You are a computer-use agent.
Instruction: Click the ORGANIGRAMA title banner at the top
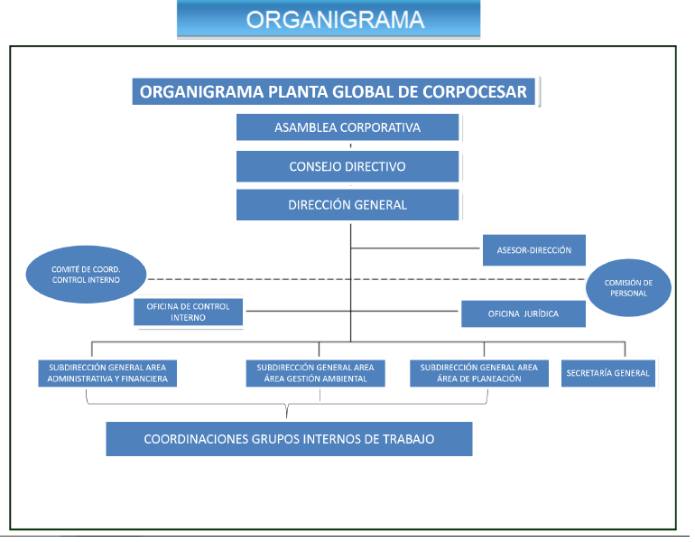[329, 20]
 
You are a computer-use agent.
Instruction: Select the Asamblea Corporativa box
[347, 127]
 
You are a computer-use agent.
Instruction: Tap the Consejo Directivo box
[347, 166]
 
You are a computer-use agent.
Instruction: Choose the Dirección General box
[347, 205]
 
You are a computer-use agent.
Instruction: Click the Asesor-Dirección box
[533, 249]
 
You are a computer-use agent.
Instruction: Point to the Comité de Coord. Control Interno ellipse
[86, 275]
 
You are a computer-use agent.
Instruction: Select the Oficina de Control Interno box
[189, 313]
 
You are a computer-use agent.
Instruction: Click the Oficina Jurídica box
[524, 313]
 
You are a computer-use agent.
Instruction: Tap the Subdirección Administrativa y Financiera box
[107, 373]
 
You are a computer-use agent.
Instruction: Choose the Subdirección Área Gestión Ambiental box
[315, 373]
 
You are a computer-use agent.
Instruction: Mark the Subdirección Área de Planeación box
[478, 373]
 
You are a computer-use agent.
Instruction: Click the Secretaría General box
[607, 373]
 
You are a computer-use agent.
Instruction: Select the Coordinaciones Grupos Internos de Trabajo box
[289, 439]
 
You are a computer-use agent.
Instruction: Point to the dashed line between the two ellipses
[361, 279]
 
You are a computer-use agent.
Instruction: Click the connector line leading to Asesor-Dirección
[415, 247]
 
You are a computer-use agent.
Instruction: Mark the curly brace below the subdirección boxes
[287, 411]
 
